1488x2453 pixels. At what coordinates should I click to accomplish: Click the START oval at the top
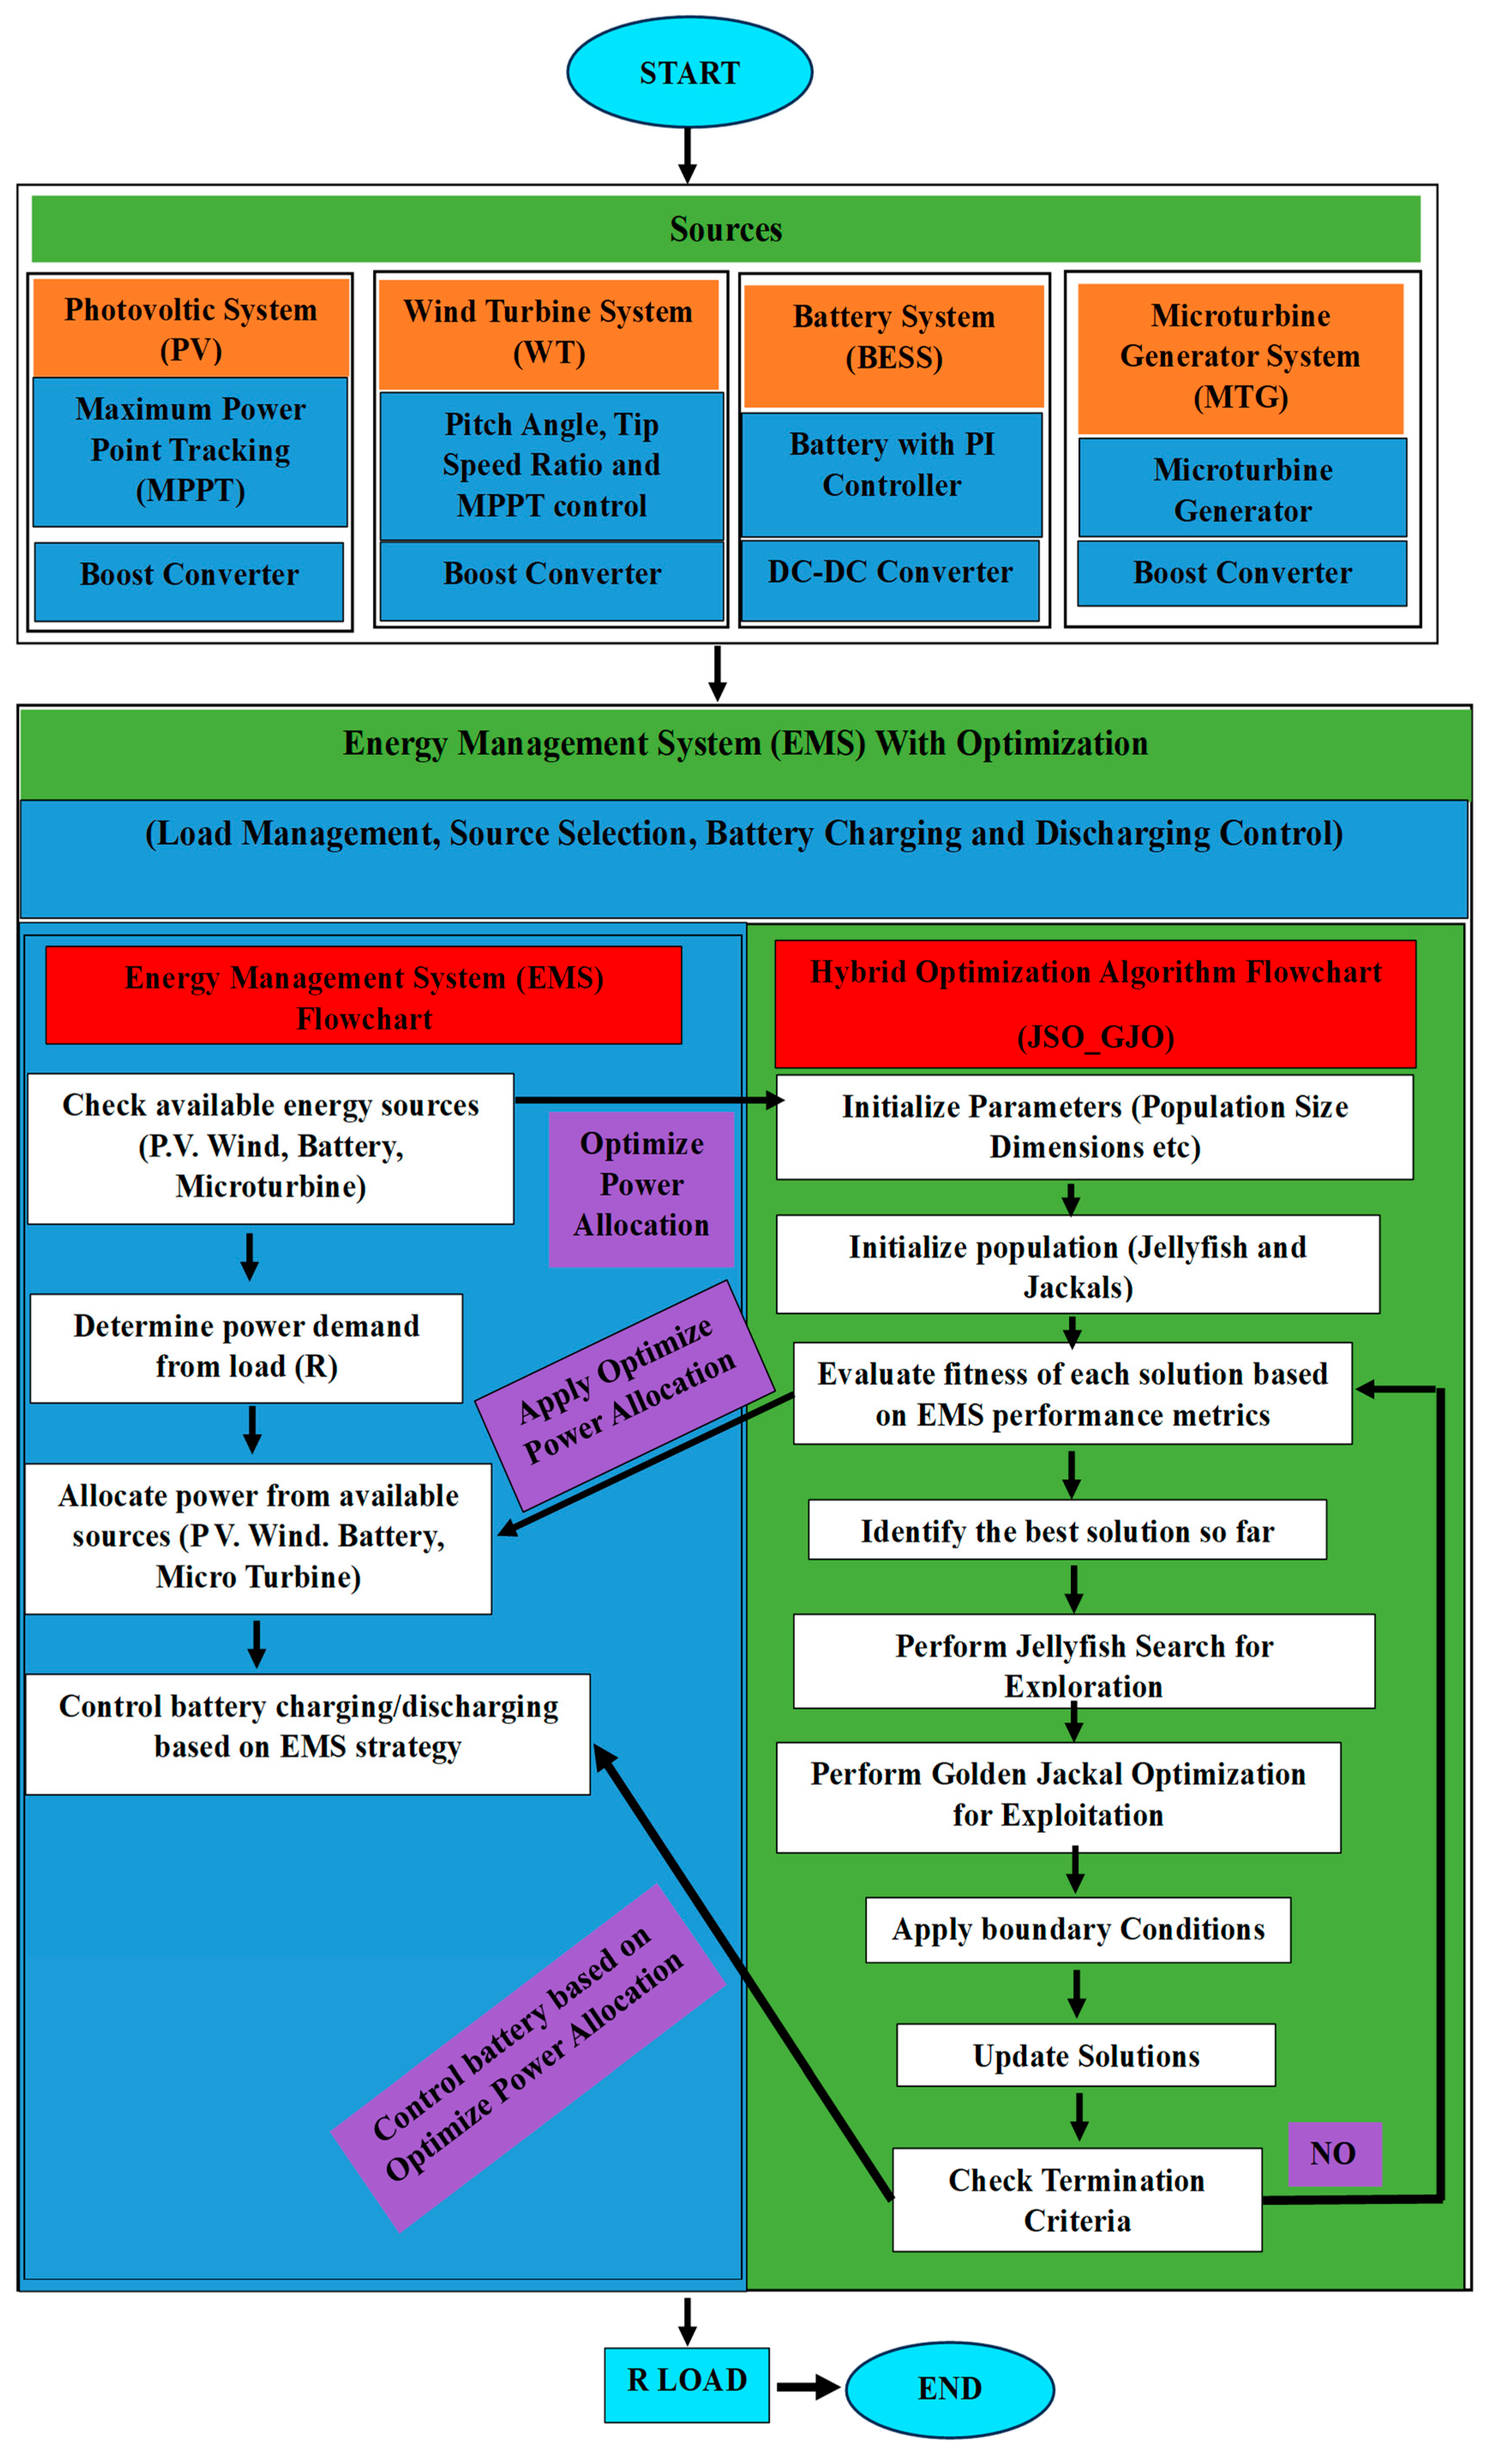pos(689,72)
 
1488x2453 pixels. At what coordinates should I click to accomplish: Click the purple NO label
pos(1334,2153)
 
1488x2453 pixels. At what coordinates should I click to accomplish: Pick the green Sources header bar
pos(726,229)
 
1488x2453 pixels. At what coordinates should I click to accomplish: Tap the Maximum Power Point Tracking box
pos(190,451)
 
